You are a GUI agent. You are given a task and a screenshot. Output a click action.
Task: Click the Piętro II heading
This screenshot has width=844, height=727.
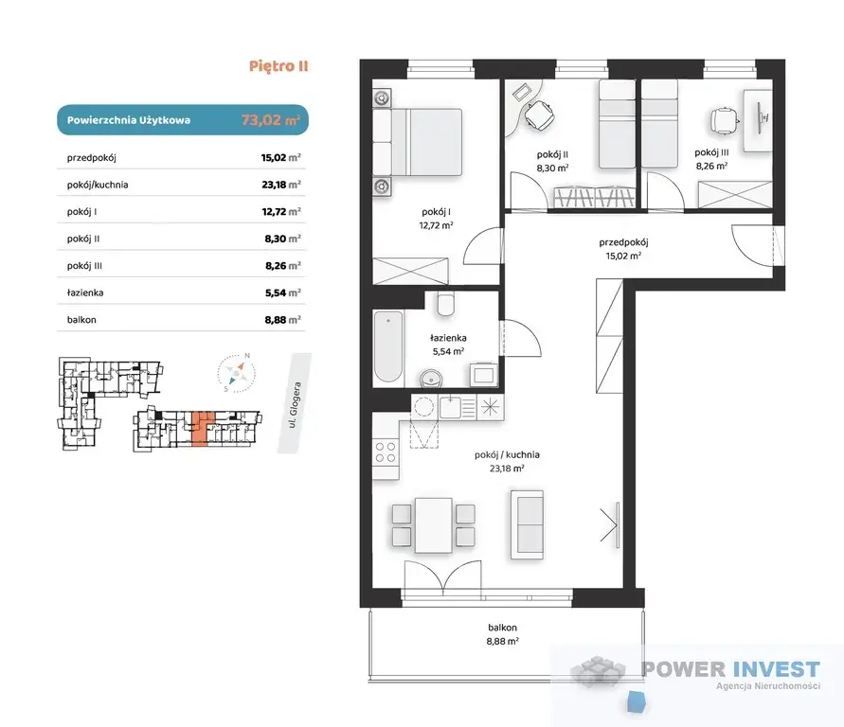(278, 66)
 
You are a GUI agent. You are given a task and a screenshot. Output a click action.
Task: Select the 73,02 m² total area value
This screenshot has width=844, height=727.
(270, 120)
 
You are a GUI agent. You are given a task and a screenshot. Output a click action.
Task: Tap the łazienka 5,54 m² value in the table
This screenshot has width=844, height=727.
(282, 293)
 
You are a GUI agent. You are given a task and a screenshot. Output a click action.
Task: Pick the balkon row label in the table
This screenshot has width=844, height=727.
(81, 319)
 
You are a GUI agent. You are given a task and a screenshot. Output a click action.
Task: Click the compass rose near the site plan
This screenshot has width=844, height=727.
(236, 372)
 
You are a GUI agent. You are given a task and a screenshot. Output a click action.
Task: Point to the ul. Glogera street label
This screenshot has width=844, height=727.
(295, 404)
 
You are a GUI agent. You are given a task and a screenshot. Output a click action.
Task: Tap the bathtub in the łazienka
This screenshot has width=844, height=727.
(388, 346)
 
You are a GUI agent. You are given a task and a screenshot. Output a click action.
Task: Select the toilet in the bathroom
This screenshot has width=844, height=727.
(446, 304)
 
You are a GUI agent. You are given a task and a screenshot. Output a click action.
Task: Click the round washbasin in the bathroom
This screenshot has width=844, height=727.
(431, 378)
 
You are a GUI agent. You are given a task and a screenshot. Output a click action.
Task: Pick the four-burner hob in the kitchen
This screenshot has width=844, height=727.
(386, 452)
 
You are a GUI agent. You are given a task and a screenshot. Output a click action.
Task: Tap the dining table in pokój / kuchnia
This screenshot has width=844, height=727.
(433, 525)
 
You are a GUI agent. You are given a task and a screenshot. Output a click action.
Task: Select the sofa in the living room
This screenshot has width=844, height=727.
(527, 524)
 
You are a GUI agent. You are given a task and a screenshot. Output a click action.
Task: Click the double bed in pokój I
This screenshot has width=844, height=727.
(418, 142)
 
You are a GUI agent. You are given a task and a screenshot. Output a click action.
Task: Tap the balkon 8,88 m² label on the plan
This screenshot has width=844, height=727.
(502, 634)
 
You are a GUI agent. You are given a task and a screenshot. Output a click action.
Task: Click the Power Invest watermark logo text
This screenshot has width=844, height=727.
(731, 669)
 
